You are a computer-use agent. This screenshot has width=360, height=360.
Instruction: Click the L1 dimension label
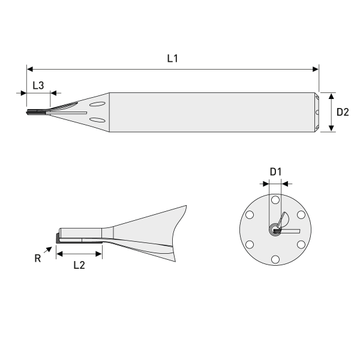[173, 59]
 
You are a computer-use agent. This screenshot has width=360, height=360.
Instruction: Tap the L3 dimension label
[38, 85]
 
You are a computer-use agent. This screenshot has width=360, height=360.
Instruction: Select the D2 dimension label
[343, 112]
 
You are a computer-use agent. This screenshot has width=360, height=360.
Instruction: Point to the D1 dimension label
[275, 172]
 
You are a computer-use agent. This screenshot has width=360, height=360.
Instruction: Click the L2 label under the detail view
[79, 265]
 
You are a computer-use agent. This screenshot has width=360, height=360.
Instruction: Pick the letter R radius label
[37, 259]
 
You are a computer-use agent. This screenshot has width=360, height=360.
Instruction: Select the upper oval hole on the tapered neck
[97, 104]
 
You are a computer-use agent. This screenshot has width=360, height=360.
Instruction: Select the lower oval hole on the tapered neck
[97, 122]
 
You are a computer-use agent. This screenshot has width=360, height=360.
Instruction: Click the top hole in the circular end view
[275, 200]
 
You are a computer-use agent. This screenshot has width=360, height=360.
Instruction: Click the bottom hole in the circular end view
[275, 259]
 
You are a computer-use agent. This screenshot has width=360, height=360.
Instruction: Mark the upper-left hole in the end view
[249, 215]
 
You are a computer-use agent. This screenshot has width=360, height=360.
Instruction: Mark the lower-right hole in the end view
[301, 244]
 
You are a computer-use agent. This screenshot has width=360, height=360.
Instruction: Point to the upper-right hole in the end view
[301, 215]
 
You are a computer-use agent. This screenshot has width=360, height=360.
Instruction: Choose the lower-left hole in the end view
[249, 244]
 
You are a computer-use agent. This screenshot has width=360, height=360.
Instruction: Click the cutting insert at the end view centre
[275, 229]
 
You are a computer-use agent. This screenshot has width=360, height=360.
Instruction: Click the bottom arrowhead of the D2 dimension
[332, 129]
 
